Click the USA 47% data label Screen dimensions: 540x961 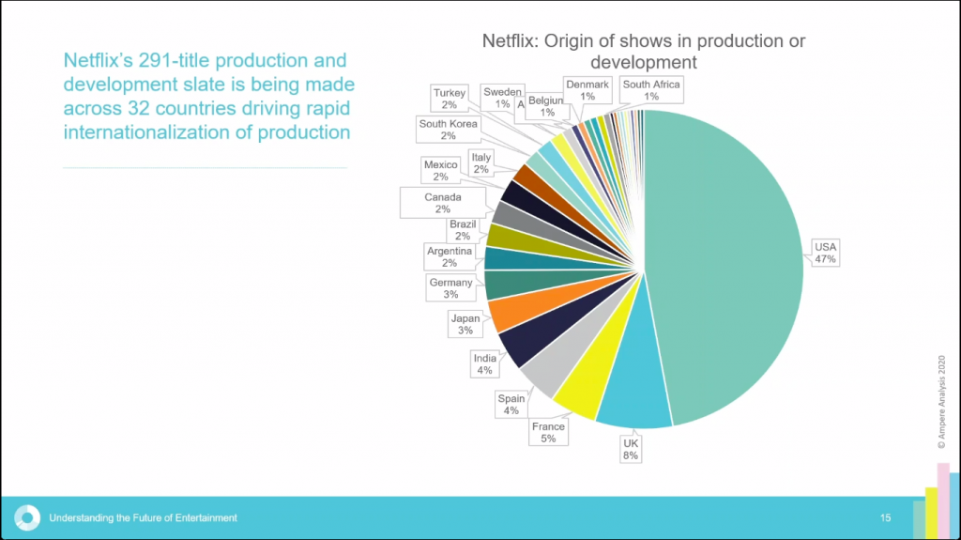click(x=826, y=254)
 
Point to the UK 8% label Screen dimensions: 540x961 click(x=630, y=448)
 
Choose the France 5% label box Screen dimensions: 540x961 click(x=548, y=433)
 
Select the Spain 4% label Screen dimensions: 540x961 click(x=511, y=405)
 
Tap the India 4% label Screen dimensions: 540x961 click(x=485, y=363)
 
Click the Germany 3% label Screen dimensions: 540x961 click(x=450, y=288)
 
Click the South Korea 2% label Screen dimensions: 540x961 click(x=448, y=130)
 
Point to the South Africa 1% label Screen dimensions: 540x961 click(x=651, y=90)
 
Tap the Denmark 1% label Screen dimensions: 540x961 click(x=587, y=90)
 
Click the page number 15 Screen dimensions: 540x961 click(x=885, y=517)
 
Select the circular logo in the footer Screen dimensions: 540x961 click(x=27, y=517)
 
